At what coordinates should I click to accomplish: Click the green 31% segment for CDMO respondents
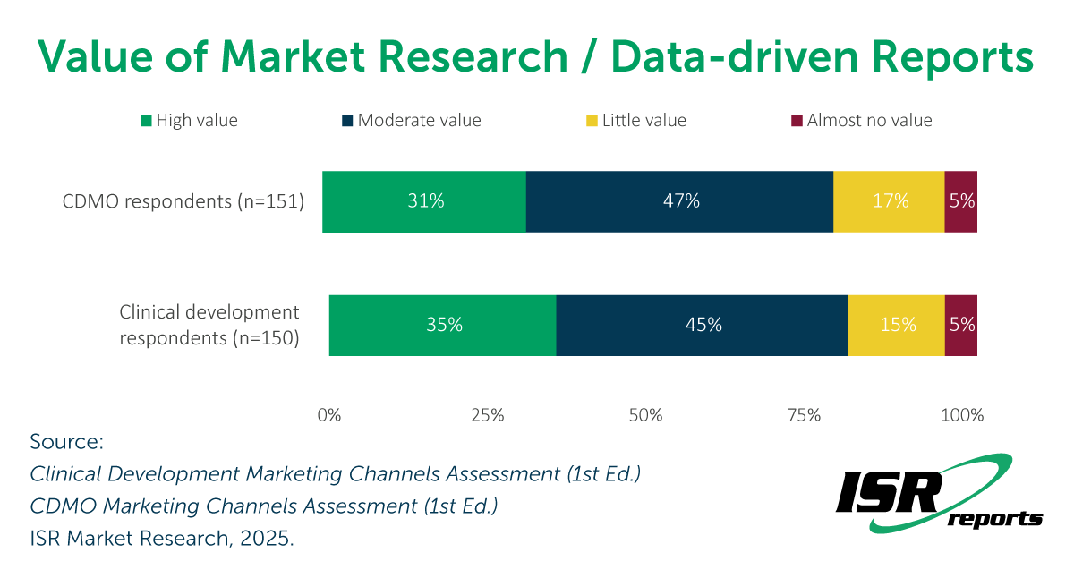(x=424, y=201)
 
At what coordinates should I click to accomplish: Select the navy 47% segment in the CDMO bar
(x=679, y=201)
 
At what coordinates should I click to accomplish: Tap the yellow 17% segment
(x=889, y=201)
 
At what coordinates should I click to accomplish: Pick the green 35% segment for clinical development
(x=442, y=325)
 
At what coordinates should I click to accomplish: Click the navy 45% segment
(x=702, y=325)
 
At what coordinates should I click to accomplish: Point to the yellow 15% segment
(x=896, y=325)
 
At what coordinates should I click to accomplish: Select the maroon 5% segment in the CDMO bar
(x=961, y=201)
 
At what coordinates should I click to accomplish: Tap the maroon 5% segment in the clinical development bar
(x=961, y=325)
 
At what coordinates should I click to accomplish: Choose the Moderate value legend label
(x=419, y=120)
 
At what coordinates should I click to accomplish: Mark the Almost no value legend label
(x=869, y=120)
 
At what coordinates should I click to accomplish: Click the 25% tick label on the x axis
(x=487, y=415)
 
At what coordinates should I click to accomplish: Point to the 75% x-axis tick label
(x=804, y=415)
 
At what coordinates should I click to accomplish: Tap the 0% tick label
(x=329, y=415)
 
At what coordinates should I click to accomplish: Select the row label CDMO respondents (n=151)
(x=183, y=201)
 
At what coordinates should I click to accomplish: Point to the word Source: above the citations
(x=67, y=442)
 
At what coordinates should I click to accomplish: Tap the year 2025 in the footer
(x=268, y=539)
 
